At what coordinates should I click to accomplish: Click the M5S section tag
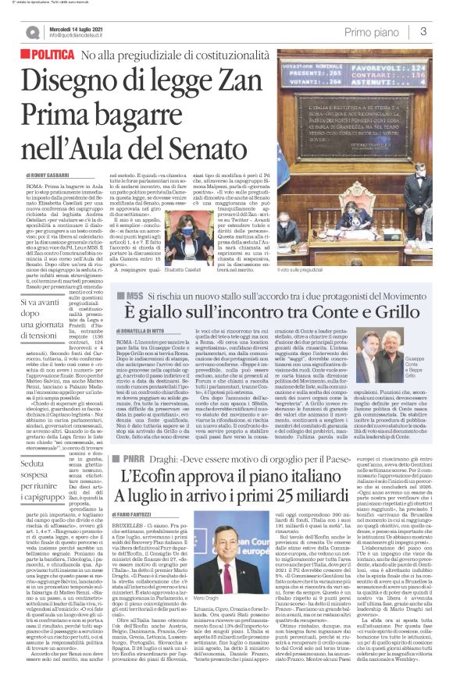(x=129, y=320)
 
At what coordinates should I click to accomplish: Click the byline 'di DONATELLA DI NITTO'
(x=143, y=353)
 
